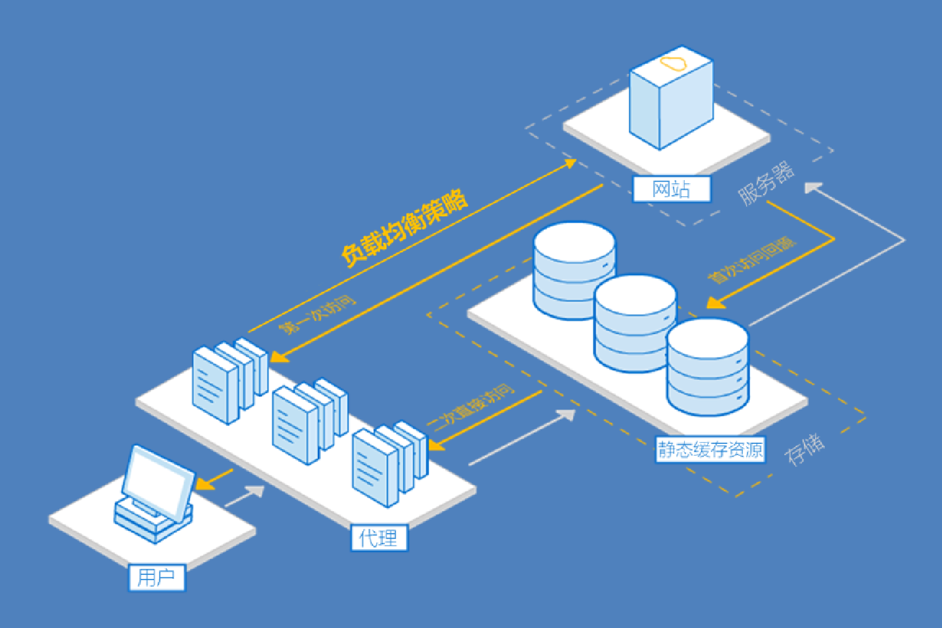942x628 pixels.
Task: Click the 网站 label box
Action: (671, 189)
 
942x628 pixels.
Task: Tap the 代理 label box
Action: (378, 538)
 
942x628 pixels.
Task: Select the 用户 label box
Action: (156, 578)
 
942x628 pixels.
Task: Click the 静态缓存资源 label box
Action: (710, 449)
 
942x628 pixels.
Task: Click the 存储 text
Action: (805, 449)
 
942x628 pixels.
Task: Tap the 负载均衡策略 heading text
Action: (405, 227)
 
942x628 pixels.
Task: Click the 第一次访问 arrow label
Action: (317, 315)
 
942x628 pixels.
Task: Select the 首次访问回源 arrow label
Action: (752, 261)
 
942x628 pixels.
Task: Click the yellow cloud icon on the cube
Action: (673, 64)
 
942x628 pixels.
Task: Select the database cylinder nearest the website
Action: (573, 269)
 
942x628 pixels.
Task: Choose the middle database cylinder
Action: (635, 322)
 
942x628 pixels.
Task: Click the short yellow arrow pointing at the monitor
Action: (215, 480)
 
